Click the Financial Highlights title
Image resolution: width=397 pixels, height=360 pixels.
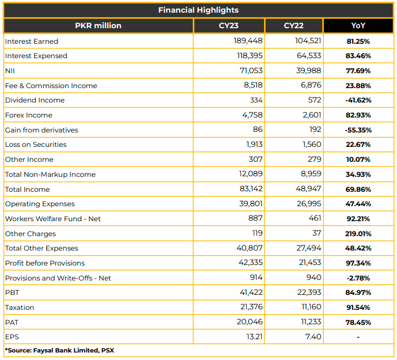click(x=199, y=10)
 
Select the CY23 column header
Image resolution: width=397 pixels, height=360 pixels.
click(x=228, y=25)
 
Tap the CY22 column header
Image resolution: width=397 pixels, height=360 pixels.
click(x=293, y=25)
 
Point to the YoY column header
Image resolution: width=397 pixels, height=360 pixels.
click(x=358, y=25)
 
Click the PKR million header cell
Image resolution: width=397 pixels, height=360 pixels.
click(x=98, y=25)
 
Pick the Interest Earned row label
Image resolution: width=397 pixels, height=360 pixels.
click(x=32, y=41)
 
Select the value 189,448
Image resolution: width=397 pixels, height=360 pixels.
click(x=248, y=41)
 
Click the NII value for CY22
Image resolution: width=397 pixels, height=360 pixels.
click(x=308, y=70)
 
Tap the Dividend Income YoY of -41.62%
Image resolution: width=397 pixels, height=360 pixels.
click(x=358, y=100)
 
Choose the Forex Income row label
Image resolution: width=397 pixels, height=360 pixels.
click(x=29, y=115)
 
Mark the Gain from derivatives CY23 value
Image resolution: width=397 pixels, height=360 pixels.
click(x=258, y=130)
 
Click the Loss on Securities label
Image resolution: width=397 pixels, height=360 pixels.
click(x=36, y=145)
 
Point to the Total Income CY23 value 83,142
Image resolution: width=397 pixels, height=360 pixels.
click(x=251, y=189)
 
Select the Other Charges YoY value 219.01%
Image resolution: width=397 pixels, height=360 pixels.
click(x=358, y=234)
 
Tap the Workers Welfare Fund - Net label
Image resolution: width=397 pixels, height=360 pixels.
click(x=53, y=219)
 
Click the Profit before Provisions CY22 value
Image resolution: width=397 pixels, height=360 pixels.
click(x=310, y=263)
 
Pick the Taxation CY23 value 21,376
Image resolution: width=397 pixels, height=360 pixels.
click(x=251, y=307)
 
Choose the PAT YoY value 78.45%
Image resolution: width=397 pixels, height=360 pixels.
click(x=358, y=323)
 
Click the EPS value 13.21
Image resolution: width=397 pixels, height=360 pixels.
click(x=254, y=337)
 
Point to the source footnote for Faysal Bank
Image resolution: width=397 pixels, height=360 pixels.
click(x=59, y=350)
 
